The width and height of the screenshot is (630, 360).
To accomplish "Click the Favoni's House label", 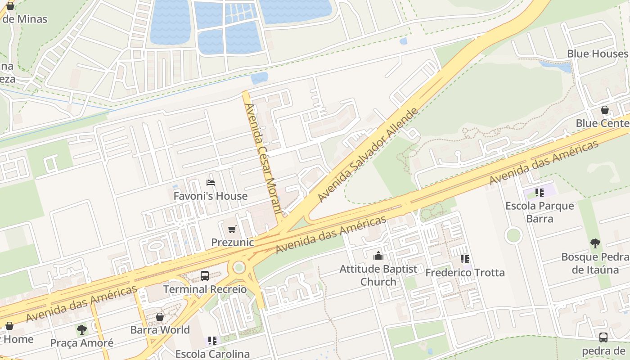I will (210, 196).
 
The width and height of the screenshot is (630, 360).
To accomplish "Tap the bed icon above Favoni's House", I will (210, 182).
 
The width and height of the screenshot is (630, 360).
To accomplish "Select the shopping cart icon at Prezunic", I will (232, 229).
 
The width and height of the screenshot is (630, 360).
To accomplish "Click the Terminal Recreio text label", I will (205, 289).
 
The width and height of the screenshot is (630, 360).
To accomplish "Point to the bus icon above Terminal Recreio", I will (205, 275).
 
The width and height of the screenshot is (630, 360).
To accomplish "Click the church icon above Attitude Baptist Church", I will (378, 256).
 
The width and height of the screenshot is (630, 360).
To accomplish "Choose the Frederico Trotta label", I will (465, 273).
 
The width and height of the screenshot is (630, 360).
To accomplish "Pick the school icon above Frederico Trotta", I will (465, 259).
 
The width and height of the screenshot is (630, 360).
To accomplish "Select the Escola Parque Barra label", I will (540, 212).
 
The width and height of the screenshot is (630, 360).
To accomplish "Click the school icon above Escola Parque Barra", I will (540, 193).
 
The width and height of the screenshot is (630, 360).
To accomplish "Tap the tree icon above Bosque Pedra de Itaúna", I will (595, 243).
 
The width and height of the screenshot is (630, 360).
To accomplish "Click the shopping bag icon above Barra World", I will (160, 317).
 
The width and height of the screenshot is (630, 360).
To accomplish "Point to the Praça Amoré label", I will (82, 343).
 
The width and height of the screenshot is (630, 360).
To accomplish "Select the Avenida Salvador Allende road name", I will (368, 155).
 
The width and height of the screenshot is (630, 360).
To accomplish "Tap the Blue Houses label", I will (597, 54).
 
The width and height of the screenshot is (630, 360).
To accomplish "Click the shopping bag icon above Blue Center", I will (605, 110).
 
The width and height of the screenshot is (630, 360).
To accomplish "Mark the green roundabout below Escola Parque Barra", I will (513, 235).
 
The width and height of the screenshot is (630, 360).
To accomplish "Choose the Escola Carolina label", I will (212, 354).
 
